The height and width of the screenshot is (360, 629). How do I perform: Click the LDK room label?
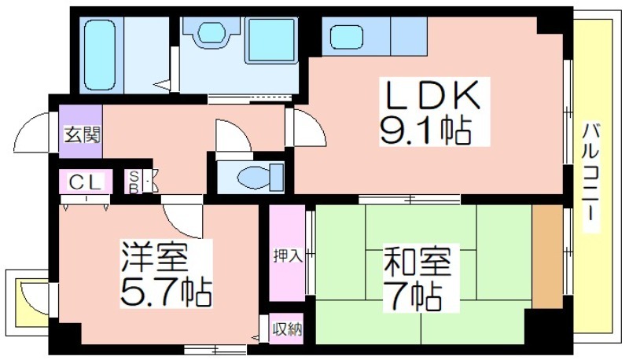(x=432, y=95)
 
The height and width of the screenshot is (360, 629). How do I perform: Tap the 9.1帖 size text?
(x=425, y=130)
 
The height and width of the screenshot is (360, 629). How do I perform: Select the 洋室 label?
(x=154, y=257)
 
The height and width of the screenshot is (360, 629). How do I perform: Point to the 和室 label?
(x=417, y=262)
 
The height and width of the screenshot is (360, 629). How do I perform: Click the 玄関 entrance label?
(x=82, y=135)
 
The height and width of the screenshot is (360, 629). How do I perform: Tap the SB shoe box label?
(x=134, y=182)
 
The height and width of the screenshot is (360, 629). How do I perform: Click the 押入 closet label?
(x=287, y=255)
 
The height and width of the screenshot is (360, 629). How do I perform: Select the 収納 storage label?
(x=287, y=329)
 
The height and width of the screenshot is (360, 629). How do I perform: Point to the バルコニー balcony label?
(x=590, y=177)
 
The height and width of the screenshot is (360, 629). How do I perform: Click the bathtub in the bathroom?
(x=100, y=55)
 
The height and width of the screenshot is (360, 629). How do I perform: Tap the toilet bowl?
(x=261, y=177)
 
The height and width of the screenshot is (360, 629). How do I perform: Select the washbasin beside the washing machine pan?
(x=212, y=33)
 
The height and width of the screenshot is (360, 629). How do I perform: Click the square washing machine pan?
(x=271, y=41)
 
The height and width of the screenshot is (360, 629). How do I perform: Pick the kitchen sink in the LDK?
(x=347, y=37)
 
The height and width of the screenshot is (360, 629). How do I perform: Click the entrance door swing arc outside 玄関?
(x=25, y=124)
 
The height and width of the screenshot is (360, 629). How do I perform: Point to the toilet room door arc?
(x=240, y=127)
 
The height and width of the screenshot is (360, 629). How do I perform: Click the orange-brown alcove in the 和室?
(x=547, y=256)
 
